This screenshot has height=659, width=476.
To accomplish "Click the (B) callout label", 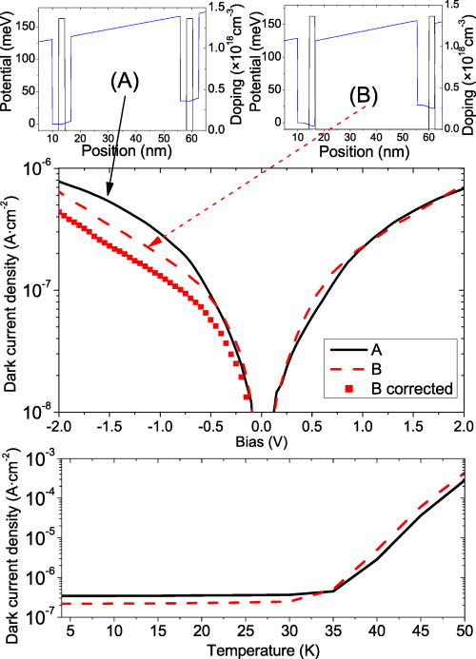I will (363, 95).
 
